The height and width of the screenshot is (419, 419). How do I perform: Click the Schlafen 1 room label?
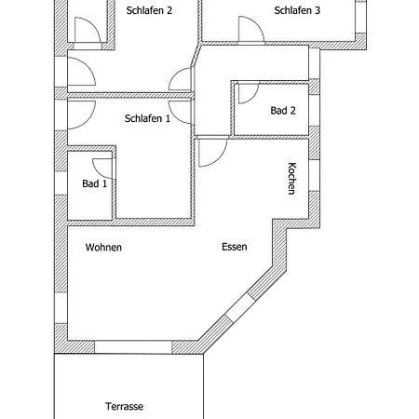[x=147, y=118]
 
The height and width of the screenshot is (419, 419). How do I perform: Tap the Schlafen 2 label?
[x=149, y=10]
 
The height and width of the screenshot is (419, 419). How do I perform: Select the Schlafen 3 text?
[x=297, y=10]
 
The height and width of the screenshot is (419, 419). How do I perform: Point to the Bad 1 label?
[x=95, y=183]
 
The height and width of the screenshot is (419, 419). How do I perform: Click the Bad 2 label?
[x=283, y=111]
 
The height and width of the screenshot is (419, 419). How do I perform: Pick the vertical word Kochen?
[x=291, y=179]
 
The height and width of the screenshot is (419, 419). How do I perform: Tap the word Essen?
[x=235, y=247]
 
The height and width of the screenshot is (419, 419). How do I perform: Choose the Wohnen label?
[x=103, y=248]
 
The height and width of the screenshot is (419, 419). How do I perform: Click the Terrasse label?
[x=124, y=406]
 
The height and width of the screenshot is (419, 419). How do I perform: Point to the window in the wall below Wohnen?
[x=133, y=347]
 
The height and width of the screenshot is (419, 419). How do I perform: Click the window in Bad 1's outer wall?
[x=61, y=182]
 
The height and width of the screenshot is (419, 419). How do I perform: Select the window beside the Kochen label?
[x=314, y=175]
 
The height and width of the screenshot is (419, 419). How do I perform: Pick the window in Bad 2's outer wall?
[x=314, y=110]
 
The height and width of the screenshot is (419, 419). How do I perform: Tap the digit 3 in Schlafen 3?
[x=318, y=10]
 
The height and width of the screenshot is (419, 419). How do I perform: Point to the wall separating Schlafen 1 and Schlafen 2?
[x=130, y=96]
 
